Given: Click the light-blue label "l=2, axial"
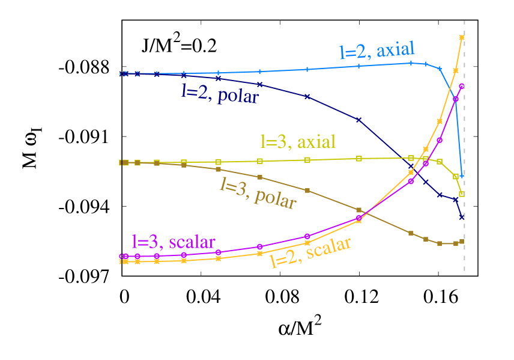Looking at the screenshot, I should [377, 51].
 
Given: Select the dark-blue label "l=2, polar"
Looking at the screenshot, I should [220, 93].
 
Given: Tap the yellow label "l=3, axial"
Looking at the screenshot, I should [297, 142].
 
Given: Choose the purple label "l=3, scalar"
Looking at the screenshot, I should [174, 242].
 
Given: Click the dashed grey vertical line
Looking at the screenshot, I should [464, 150].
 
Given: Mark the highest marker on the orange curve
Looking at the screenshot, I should [462, 37].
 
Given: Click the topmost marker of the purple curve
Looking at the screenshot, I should [462, 86].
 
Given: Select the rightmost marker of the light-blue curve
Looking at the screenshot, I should [462, 175].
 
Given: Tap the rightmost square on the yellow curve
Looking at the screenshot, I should [462, 194].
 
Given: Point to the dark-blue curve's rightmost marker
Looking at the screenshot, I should [462, 216].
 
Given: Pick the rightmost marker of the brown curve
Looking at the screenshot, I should [462, 242].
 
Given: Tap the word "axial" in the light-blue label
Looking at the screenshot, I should [395, 50].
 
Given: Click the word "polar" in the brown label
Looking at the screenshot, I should [275, 198].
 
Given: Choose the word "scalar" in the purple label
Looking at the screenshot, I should [192, 242].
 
